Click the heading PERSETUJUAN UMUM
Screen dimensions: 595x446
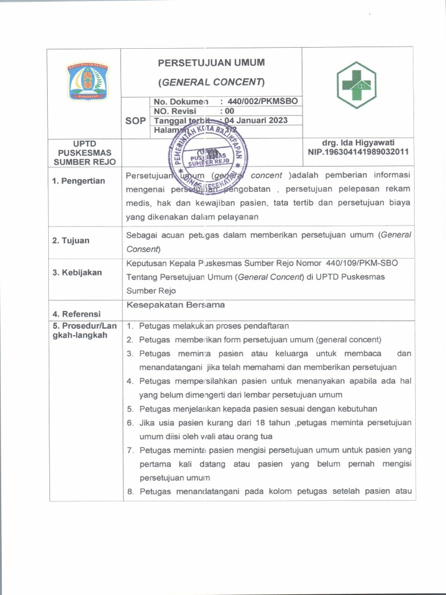coord(211,63)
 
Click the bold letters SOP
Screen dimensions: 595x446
coord(135,121)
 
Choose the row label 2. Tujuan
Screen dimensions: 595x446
coord(71,240)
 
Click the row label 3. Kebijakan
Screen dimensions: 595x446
coord(77,273)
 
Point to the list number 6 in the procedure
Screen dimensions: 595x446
coord(130,422)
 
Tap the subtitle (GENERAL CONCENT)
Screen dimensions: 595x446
coord(211,82)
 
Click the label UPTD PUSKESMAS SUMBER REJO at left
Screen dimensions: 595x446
coord(85,152)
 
